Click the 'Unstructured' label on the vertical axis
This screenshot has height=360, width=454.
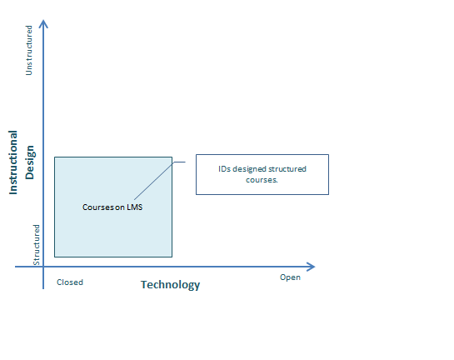pyautogui.click(x=29, y=50)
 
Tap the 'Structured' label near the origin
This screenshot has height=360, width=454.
pyautogui.click(x=36, y=245)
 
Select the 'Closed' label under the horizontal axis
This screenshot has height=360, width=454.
pyautogui.click(x=70, y=282)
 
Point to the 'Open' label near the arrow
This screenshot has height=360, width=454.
pyautogui.click(x=290, y=277)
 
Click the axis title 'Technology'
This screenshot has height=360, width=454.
pyautogui.click(x=170, y=285)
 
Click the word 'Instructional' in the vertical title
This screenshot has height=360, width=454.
pyautogui.click(x=13, y=162)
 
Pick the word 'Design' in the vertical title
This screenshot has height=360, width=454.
pyautogui.click(x=29, y=162)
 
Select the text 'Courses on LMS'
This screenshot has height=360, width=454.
pyautogui.click(x=112, y=207)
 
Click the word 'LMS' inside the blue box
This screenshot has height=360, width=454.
pyautogui.click(x=135, y=207)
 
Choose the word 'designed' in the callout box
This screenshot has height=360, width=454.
pyautogui.click(x=249, y=169)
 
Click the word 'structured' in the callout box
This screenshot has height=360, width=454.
pyautogui.click(x=287, y=169)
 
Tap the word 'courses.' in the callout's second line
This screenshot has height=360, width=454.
pyautogui.click(x=262, y=180)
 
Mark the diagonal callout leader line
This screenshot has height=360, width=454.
pyautogui.click(x=154, y=181)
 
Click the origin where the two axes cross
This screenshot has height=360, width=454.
pyautogui.click(x=43, y=267)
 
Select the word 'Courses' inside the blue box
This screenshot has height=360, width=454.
pyautogui.click(x=98, y=207)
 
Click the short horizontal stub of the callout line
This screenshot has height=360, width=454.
pyautogui.click(x=180, y=162)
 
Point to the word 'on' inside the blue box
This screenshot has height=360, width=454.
pyautogui.click(x=120, y=207)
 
